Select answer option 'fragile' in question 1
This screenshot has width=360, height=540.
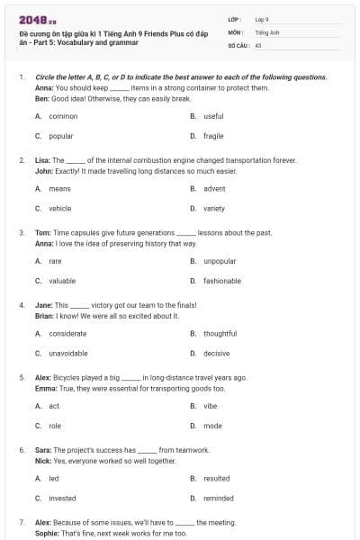click(213, 136)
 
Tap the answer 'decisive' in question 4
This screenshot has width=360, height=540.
click(216, 354)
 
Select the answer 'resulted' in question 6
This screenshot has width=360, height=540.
click(216, 479)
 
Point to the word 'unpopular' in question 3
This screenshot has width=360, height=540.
click(220, 261)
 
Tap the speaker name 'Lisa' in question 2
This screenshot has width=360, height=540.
click(41, 159)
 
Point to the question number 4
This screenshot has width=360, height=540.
click(21, 305)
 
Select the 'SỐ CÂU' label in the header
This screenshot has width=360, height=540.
click(238, 44)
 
